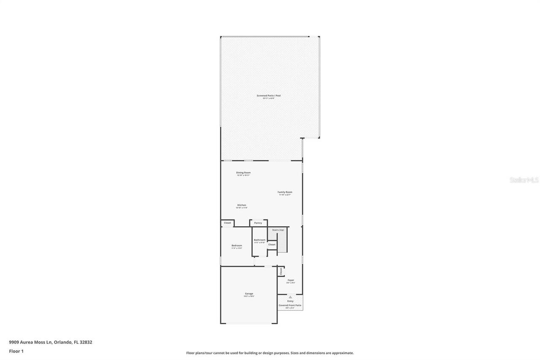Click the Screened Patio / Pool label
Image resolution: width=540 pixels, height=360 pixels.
point(268,96)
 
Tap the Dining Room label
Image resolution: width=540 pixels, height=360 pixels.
point(243,173)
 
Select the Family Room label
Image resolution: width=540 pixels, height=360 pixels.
point(285,192)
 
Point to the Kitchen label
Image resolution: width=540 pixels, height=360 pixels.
point(241,206)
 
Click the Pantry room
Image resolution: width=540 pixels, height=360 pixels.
point(258,223)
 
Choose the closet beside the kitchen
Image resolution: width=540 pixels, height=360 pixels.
point(227,223)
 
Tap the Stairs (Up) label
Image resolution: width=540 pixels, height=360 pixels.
point(278,230)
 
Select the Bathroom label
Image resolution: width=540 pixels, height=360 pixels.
point(259,240)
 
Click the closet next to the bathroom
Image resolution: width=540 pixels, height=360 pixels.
point(272,245)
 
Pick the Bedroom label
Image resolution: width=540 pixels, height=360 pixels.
point(237,246)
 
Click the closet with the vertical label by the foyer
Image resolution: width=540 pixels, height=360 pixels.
point(281,271)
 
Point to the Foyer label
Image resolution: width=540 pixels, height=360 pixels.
point(291,280)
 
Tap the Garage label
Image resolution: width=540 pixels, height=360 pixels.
point(249,294)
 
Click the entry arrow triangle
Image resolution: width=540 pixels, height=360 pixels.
point(290,297)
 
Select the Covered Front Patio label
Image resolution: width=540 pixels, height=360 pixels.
point(290,306)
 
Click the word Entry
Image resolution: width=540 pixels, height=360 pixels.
point(290,301)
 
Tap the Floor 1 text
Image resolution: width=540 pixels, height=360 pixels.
point(16,351)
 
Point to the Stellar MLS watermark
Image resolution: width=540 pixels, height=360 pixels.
point(524,180)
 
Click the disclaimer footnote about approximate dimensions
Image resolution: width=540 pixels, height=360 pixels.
point(270,353)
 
